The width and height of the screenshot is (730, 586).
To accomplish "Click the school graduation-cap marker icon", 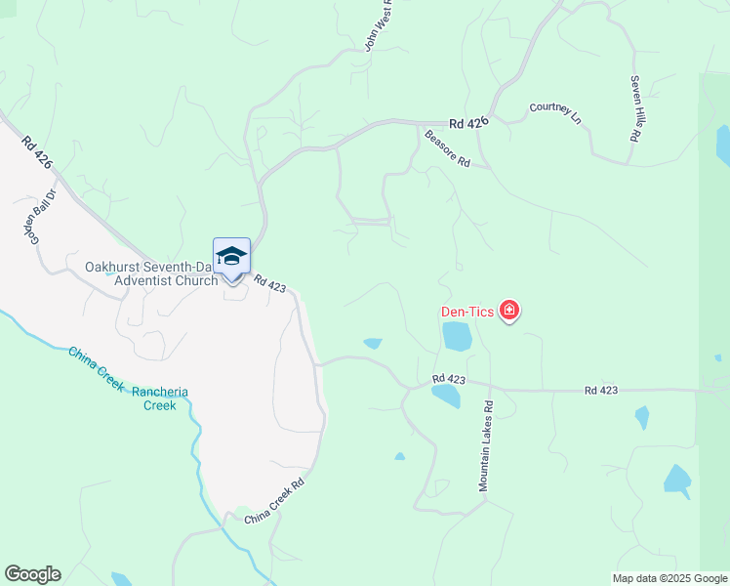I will pos(231,257).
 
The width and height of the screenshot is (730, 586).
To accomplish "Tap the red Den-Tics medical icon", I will pos(508,312).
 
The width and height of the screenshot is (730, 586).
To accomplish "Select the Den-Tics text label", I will pos(466,313).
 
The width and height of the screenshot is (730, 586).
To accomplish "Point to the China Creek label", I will pos(96,367).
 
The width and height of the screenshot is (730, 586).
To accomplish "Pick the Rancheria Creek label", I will pos(160,398).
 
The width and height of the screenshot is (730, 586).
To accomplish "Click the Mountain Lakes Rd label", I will pos(484,444).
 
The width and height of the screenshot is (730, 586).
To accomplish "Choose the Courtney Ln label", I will pos(555,113).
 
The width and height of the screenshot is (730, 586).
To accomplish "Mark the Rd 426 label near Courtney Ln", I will pos(468,123).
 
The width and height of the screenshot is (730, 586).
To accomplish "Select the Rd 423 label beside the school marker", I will pos(269,283).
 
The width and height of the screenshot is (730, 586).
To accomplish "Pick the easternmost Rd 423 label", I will pos(601,391).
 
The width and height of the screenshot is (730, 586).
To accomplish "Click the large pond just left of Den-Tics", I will pos(457,336).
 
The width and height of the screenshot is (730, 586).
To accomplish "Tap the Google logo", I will pos(32,574).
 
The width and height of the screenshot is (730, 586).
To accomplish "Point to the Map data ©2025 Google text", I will pos(669,578).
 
